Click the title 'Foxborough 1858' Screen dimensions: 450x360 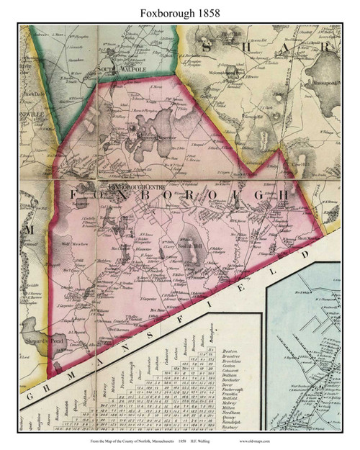click(x=180, y=11)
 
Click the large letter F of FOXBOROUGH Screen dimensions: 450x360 click(x=71, y=195)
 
